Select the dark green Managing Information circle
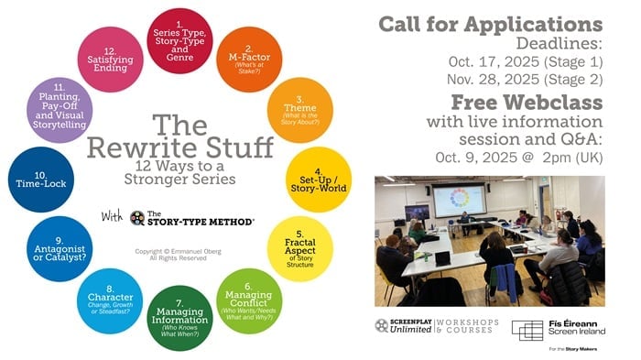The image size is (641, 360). tap(179, 318)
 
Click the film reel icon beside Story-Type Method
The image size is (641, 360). tap(137, 218)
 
